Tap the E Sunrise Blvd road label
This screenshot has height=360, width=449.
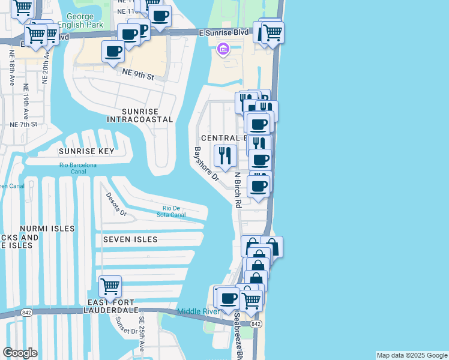point(226,35)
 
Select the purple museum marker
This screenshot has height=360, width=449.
point(223,49)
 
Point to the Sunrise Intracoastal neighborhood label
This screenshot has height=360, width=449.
point(139,115)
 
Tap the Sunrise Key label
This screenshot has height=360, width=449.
point(86,151)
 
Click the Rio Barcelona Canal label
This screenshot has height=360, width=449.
point(77,169)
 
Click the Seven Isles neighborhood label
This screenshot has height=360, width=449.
point(130,239)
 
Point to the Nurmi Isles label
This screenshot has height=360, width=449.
point(47,229)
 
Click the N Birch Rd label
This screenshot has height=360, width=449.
point(238,190)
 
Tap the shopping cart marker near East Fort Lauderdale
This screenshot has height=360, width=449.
point(110,287)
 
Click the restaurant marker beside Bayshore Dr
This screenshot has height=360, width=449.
point(225,156)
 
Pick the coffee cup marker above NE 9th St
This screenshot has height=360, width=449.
point(113,52)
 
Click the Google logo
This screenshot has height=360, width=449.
point(20,353)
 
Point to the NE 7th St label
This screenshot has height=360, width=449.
point(24,125)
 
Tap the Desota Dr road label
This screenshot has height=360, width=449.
point(116,204)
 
